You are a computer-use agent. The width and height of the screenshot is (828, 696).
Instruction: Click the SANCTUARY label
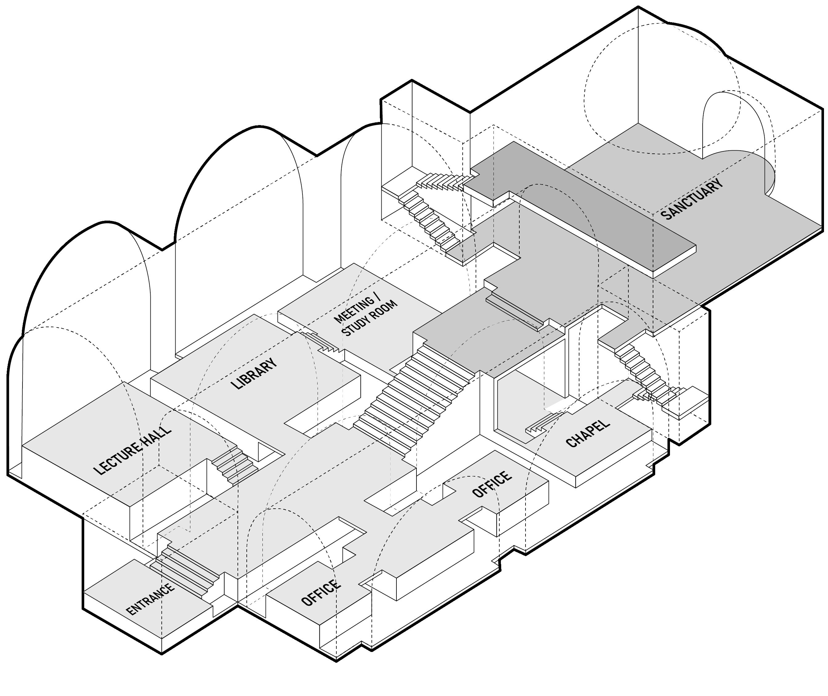coord(692,199)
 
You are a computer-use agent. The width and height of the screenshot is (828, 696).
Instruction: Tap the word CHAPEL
coord(588,434)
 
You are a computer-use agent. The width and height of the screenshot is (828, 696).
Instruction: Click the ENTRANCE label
coord(150,599)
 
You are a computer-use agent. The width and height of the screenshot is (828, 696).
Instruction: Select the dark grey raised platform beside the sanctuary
coord(584,205)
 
